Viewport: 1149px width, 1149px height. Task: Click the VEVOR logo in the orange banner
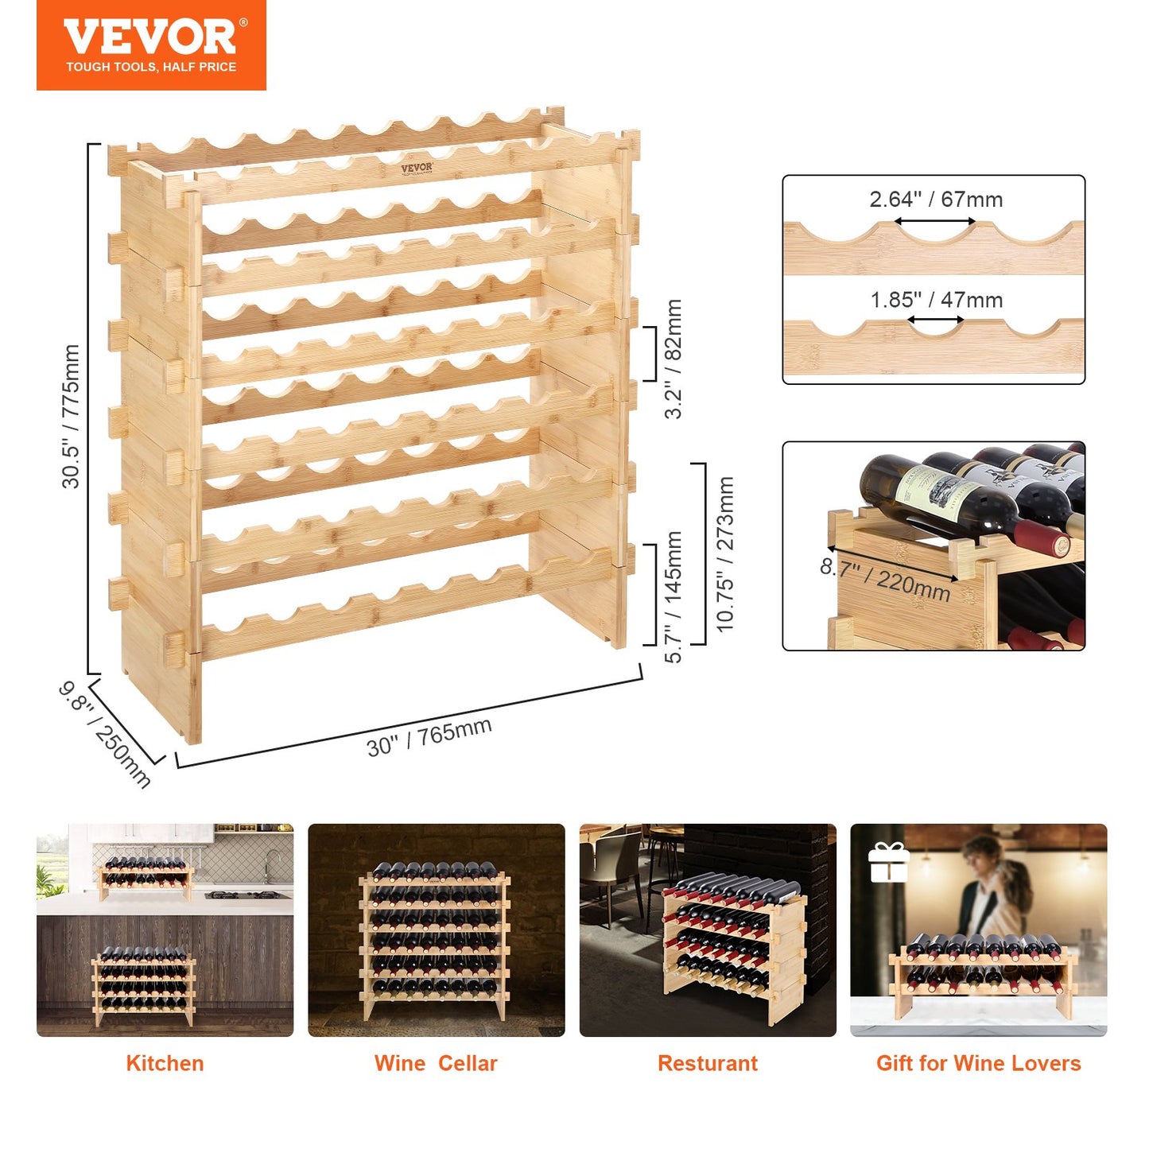coord(151,37)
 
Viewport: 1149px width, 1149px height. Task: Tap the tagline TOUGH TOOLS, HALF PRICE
coord(151,68)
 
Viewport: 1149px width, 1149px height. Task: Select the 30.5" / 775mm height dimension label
coord(71,416)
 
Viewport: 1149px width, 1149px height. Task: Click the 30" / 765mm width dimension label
coord(429,737)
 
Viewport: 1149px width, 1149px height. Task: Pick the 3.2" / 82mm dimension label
coord(673,359)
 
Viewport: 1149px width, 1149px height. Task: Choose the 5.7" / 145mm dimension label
coord(673,596)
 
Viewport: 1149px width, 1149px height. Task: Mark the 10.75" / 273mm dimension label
coord(725,554)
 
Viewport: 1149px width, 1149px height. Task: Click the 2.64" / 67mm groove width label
coord(936,200)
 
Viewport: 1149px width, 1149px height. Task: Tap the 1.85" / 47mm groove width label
coord(936,301)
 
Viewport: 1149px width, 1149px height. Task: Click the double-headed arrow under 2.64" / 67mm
coord(936,222)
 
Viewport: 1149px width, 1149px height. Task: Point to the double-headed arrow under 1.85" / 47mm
coord(936,320)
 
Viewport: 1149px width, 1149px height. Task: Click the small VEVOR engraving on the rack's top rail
coord(417,169)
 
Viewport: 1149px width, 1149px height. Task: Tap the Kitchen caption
coord(165,1064)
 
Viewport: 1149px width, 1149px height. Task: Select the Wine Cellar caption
coord(436,1064)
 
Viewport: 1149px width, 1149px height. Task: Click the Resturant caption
coord(708,1064)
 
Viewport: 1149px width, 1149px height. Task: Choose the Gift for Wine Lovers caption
coord(978,1064)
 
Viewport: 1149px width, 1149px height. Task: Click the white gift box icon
coord(888,863)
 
